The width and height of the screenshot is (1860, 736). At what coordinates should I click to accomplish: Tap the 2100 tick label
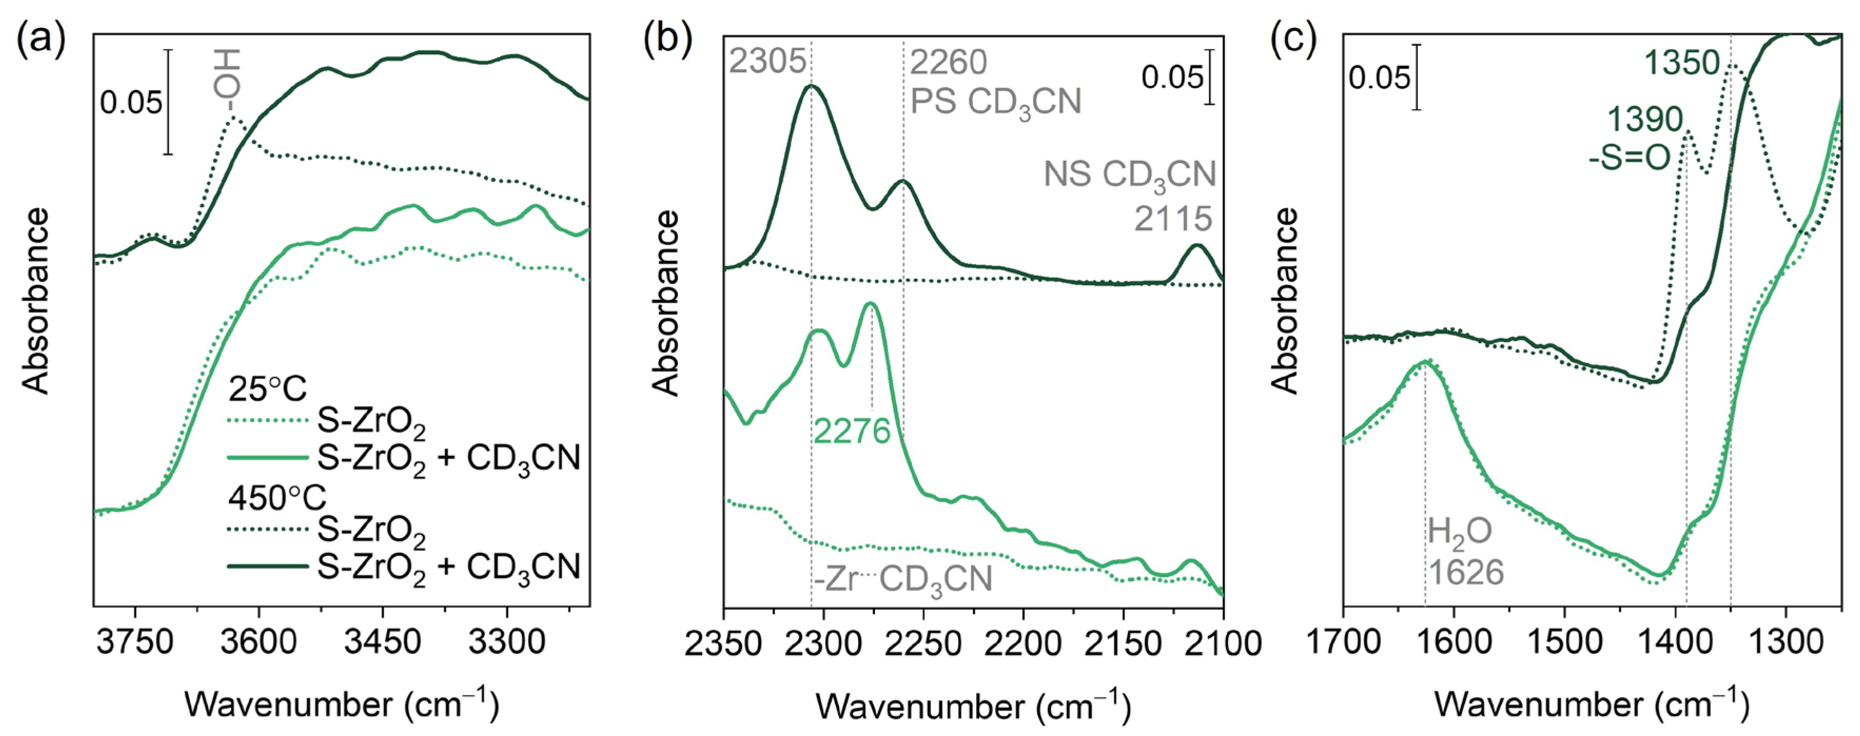tap(1222, 642)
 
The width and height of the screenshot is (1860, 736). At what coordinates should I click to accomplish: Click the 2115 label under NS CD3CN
tap(1173, 219)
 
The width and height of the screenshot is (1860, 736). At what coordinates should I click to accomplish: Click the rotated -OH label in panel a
tap(228, 80)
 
